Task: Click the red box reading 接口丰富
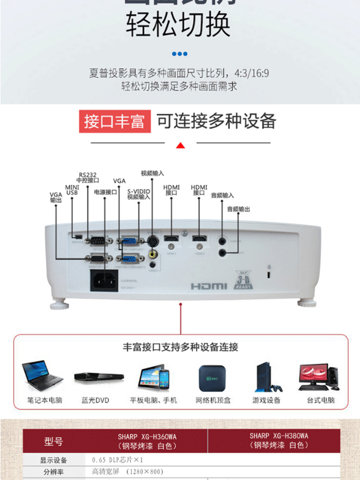point(114,121)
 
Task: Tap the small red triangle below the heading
point(180,145)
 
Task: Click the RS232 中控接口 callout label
point(88,177)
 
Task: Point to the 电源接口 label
point(105,192)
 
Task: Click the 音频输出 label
point(238,209)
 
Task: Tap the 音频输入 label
point(222,195)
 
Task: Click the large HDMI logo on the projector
point(209,286)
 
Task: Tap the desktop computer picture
point(318,377)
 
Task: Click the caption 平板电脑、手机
point(153,400)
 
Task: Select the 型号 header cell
point(53,441)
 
